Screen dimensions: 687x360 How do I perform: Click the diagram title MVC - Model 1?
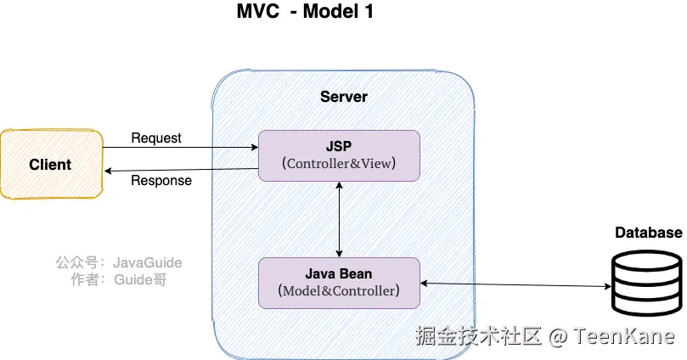(x=305, y=11)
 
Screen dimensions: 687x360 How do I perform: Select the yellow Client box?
(x=52, y=164)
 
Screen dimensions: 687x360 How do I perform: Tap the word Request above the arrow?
(x=156, y=138)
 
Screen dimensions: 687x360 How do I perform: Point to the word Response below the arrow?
(x=161, y=181)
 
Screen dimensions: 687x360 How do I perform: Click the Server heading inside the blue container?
(x=343, y=97)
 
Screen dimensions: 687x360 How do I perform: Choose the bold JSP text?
(x=339, y=146)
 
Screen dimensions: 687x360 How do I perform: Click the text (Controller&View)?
(x=339, y=163)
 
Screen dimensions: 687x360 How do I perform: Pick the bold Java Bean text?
(x=339, y=273)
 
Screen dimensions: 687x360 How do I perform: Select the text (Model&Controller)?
(x=339, y=291)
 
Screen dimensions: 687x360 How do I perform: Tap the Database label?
(x=649, y=233)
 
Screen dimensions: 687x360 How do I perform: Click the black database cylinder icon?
(x=647, y=283)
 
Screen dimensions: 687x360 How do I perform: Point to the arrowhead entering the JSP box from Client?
(x=255, y=148)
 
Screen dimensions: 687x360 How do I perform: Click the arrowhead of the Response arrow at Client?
(x=108, y=171)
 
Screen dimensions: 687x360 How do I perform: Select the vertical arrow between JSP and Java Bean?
(x=339, y=219)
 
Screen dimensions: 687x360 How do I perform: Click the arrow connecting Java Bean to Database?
(x=515, y=285)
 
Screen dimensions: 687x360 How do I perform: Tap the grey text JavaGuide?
(x=147, y=262)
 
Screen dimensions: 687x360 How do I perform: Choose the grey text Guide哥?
(x=140, y=279)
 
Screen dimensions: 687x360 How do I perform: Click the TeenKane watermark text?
(x=623, y=336)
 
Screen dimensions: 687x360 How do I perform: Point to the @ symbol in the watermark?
(x=558, y=337)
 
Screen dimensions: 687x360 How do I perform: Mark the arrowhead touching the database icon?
(x=607, y=286)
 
